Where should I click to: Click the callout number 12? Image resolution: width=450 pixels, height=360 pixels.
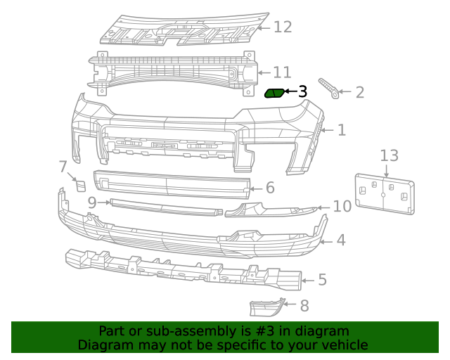[x=282, y=27]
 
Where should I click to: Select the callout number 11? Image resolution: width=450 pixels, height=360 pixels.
[x=281, y=72]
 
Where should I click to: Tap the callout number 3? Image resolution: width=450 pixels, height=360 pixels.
[x=303, y=91]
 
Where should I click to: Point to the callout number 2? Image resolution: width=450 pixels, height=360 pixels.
[x=359, y=92]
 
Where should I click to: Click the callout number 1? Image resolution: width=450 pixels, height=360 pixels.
[x=341, y=130]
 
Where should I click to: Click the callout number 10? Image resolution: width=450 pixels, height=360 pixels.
[x=342, y=207]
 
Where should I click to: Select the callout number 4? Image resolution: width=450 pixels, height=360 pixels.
[x=340, y=240]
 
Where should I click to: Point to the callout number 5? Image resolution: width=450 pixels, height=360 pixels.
[x=322, y=281]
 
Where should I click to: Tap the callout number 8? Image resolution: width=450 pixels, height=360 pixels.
[x=304, y=306]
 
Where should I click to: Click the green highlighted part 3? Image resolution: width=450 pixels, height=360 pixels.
[x=274, y=93]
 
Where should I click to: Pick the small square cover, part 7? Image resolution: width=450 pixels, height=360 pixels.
[x=80, y=186]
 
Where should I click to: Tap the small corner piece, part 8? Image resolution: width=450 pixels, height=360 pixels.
[x=266, y=308]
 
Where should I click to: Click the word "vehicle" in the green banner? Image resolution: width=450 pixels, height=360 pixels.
[x=342, y=345]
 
